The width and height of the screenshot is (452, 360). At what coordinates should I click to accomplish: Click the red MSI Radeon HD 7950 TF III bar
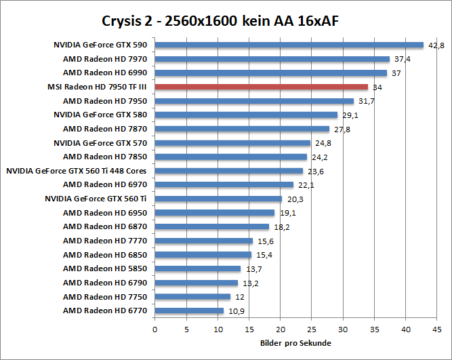pos(261,87)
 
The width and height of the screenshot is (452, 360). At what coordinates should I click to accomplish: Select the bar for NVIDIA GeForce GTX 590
pos(289,45)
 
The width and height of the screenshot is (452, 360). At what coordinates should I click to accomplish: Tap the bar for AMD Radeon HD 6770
pos(189,311)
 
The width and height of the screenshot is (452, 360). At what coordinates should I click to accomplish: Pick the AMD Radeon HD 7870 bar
pos(242,129)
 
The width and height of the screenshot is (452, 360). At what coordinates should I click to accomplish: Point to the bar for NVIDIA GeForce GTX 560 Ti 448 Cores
pos(229,171)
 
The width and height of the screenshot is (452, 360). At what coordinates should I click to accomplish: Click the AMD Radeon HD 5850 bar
pos(198,268)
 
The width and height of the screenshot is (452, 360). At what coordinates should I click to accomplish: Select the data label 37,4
pos(401,59)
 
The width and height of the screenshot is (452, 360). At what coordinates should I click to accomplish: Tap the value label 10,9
pos(234,311)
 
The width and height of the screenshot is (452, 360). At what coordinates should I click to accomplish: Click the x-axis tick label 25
pos(311,330)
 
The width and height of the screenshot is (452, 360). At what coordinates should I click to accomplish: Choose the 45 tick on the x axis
pos(436,330)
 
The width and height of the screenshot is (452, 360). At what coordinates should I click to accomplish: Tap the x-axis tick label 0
pos(155,330)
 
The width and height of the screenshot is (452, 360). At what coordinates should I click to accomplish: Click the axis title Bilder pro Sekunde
pos(295,343)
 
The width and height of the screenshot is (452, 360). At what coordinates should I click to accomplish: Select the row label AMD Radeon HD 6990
pos(105,73)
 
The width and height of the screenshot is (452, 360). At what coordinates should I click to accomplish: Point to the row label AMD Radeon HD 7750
pos(105,297)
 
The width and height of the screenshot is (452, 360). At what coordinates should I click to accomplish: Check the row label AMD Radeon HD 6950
pos(105,213)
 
